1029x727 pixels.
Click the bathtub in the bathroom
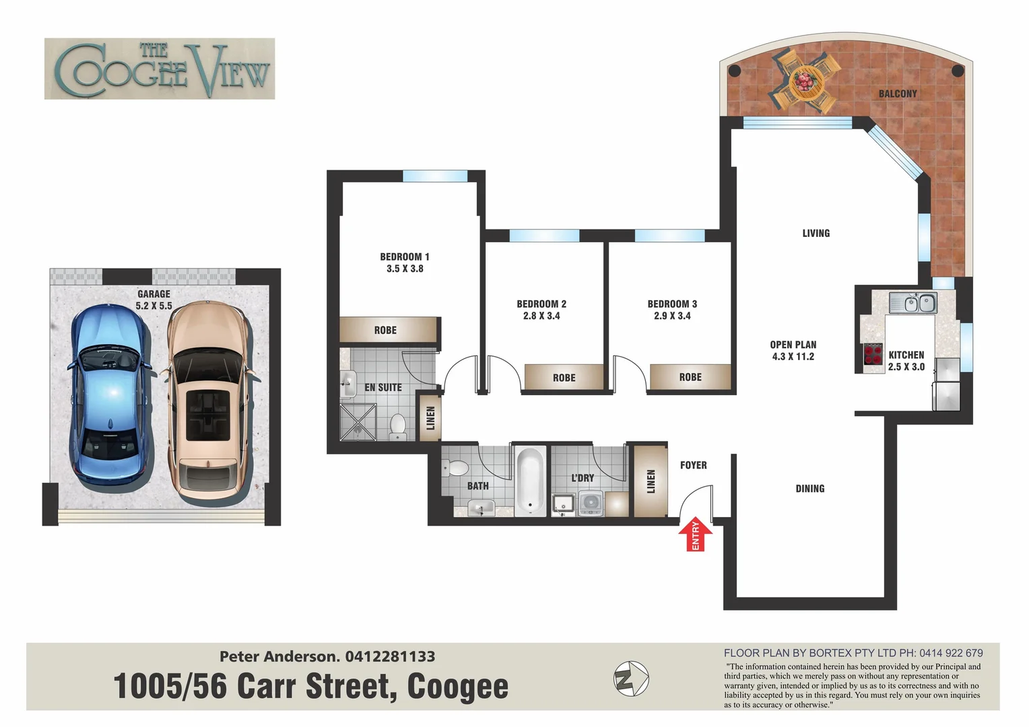[x=530, y=481]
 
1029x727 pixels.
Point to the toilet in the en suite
[x=398, y=427]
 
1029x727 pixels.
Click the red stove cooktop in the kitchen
[x=873, y=354]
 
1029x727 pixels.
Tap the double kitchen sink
[x=919, y=303]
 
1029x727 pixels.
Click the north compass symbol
[x=631, y=679]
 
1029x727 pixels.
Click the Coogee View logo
[x=160, y=69]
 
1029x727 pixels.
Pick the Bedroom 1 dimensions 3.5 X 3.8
[x=405, y=269]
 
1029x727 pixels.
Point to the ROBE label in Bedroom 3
[x=690, y=377]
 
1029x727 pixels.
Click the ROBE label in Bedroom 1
[x=385, y=330]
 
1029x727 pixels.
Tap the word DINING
[x=809, y=489]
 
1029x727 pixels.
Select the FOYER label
[x=693, y=465]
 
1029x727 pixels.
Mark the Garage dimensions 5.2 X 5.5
[x=154, y=306]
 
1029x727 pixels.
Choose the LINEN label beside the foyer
[x=651, y=481]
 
